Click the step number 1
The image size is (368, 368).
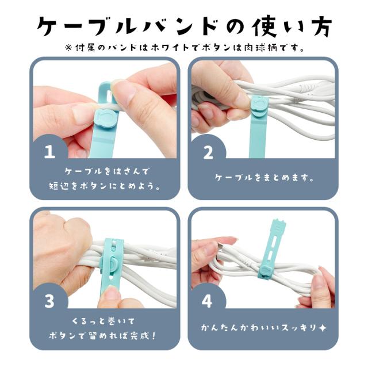click(50, 151)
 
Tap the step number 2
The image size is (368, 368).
click(208, 152)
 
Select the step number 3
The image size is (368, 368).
click(49, 301)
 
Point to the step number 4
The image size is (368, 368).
click(207, 301)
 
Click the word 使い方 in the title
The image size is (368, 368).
click(292, 26)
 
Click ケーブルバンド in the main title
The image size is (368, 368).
click(126, 26)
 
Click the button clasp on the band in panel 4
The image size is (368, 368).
click(266, 271)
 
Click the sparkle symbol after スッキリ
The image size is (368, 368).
click(323, 328)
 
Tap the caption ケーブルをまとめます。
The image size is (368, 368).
click(264, 178)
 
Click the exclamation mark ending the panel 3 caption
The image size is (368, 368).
click(154, 336)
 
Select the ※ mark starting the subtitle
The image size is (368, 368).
click(68, 48)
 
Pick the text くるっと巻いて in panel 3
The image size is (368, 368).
click(103, 321)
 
